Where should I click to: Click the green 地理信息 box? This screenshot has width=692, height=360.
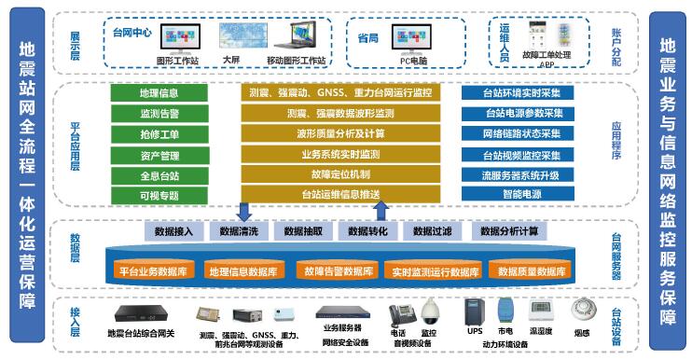pos(159,93)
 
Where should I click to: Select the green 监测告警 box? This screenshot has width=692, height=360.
pos(159,114)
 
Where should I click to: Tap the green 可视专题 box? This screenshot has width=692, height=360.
pos(159,194)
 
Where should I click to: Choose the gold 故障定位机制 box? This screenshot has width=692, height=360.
pos(340,173)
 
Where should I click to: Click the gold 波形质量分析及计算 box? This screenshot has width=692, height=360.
pos(340,133)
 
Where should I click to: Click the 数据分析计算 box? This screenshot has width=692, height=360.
pos(508,230)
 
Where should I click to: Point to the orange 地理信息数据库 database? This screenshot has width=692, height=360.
pos(242,271)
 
